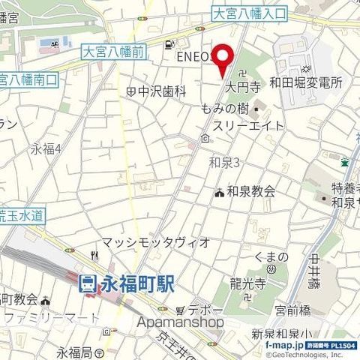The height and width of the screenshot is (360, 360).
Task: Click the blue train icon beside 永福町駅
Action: point(87,283)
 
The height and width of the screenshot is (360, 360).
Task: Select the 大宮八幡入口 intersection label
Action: point(249,13)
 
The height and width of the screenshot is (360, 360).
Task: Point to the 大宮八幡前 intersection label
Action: point(112,52)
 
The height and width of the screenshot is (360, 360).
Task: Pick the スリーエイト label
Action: point(248,125)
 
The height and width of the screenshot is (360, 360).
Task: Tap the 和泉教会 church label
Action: point(251,191)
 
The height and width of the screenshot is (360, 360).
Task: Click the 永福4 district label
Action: point(46,148)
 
